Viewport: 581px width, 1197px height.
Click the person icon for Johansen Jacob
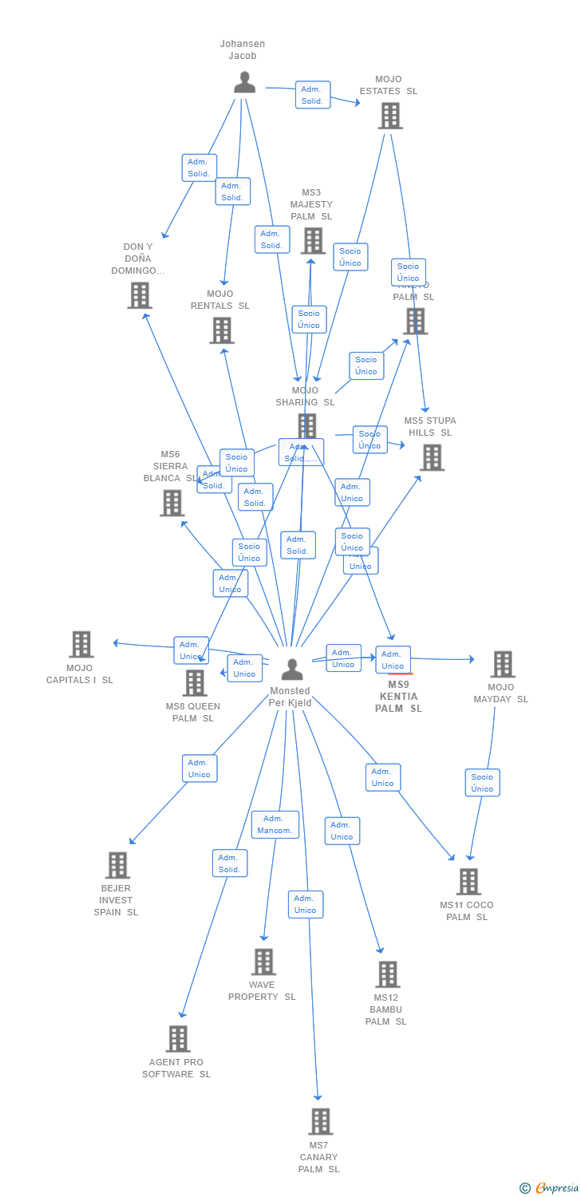tap(244, 82)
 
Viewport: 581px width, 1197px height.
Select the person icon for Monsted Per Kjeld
tap(292, 669)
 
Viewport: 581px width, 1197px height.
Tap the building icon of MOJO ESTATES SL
tap(389, 116)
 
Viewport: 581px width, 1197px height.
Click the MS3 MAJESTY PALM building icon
tap(312, 240)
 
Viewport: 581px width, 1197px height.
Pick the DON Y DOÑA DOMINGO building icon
tap(140, 295)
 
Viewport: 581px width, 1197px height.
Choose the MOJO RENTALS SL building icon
tap(221, 330)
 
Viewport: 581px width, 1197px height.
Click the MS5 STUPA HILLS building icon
tap(432, 457)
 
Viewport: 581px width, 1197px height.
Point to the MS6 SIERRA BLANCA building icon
tap(172, 503)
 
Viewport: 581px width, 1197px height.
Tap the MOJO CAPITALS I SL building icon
tap(81, 644)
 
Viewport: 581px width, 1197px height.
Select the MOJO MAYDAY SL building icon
tap(502, 663)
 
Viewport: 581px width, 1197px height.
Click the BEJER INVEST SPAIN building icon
tap(117, 865)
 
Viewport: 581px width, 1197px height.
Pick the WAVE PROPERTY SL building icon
tap(263, 962)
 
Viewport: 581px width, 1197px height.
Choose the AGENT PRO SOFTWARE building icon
tap(178, 1039)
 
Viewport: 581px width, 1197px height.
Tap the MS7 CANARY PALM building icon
tap(319, 1121)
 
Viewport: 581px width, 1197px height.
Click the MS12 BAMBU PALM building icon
tap(387, 974)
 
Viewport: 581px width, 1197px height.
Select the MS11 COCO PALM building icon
tap(468, 882)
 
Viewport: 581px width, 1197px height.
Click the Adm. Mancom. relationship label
tap(275, 824)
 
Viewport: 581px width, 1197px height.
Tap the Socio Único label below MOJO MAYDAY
tap(482, 783)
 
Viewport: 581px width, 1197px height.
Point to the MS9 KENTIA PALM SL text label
tap(398, 697)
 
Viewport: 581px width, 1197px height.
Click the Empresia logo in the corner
tap(551, 1188)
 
